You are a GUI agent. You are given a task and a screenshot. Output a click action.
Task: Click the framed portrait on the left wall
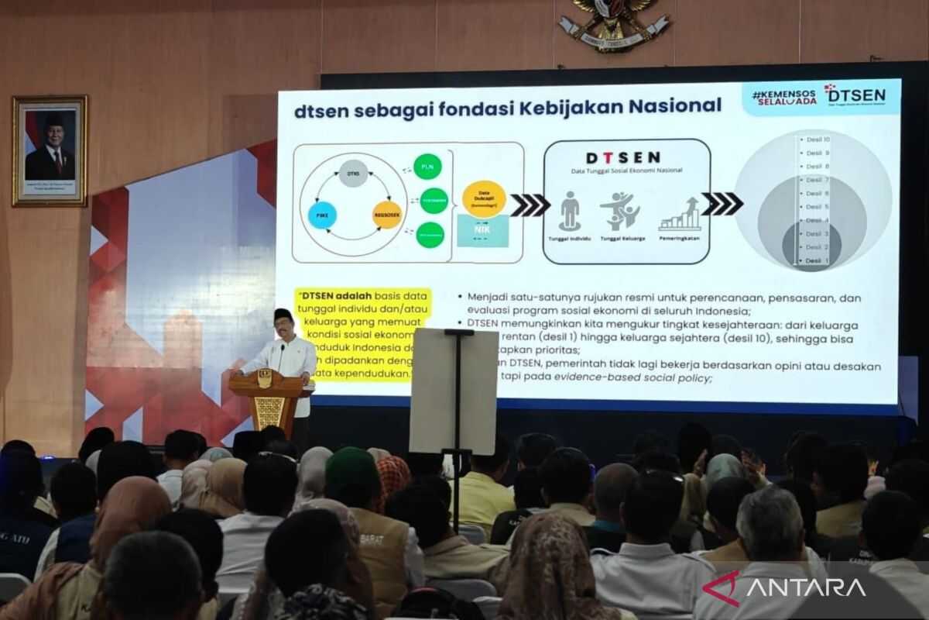pos(50,150)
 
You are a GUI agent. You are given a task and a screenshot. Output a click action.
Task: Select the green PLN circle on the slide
pos(427,167)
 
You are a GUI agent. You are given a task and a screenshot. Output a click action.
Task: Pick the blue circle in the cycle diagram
pos(322,215)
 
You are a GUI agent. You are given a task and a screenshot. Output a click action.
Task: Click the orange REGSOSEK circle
pos(387,215)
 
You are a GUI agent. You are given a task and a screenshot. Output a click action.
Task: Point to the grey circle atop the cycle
pos(353,173)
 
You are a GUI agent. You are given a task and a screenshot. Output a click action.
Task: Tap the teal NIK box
pos(483,231)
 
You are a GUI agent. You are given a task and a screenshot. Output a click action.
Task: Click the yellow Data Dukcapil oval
pos(484,198)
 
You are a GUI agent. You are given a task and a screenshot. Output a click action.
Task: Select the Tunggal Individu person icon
pos(570,211)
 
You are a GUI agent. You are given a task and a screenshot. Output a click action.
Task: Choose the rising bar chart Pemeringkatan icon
pos(680,214)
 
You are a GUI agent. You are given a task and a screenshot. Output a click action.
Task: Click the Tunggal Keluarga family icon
pos(620,212)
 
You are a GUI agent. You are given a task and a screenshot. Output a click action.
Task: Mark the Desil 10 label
pos(818,139)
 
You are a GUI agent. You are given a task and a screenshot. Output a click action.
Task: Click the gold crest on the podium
pos(265,379)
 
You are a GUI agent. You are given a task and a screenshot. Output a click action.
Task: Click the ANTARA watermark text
pos(804,587)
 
